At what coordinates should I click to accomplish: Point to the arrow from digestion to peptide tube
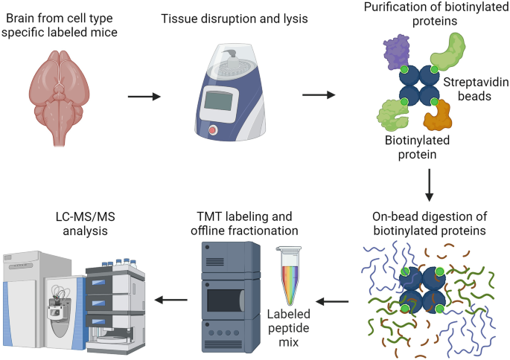click(333, 301)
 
